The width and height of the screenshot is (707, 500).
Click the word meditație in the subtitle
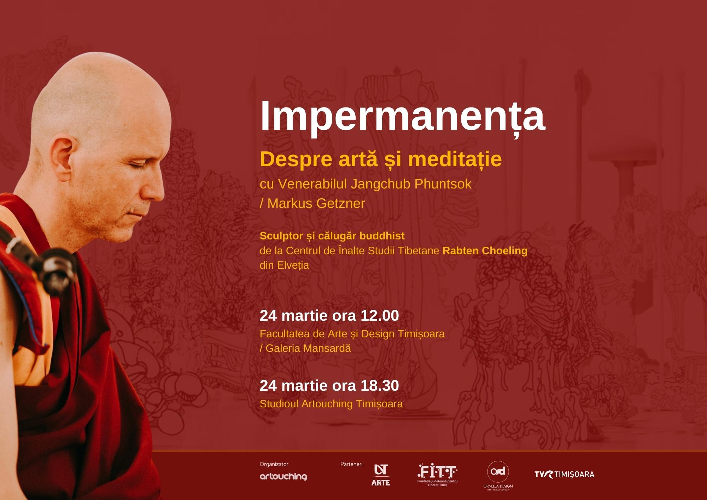455,159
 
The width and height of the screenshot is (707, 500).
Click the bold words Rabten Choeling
485,251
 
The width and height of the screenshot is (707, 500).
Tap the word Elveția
293,266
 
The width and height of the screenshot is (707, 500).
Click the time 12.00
380,315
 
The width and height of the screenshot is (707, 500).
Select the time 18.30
380,385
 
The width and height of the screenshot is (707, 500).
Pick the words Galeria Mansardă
308,348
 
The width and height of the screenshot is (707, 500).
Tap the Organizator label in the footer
275,464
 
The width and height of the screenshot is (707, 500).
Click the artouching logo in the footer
284,477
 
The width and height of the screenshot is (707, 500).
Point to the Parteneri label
352,464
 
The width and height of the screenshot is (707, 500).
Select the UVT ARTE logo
381,475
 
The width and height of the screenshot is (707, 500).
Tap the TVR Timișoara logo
565,475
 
